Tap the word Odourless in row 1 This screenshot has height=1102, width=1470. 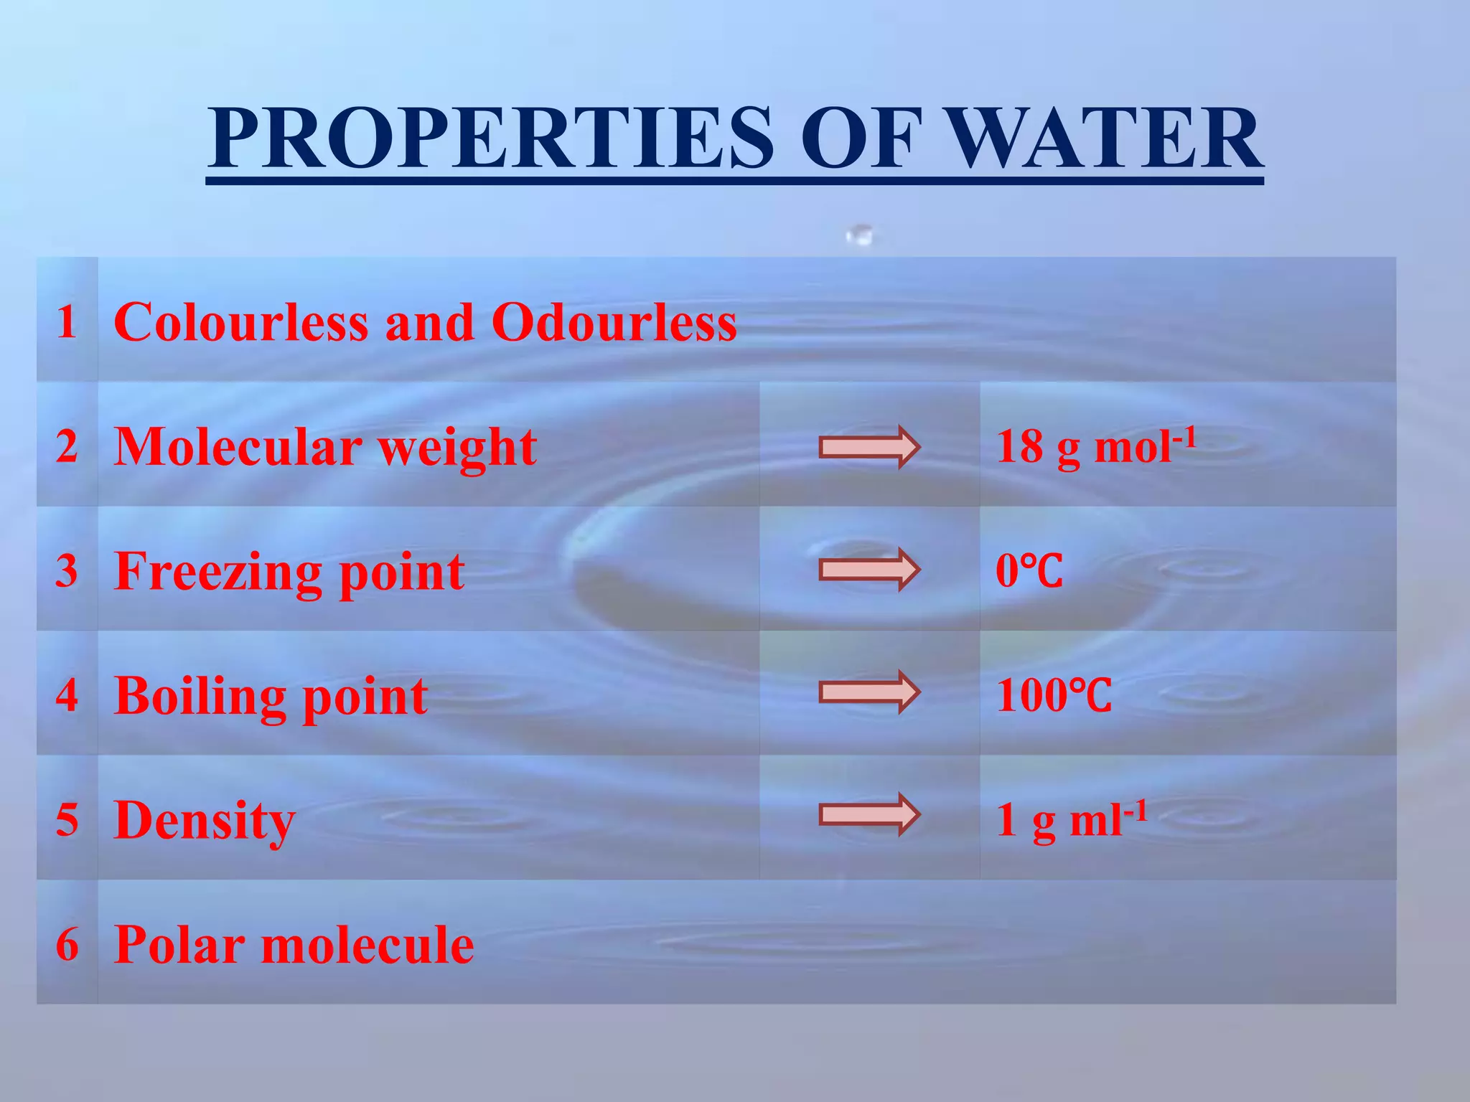point(614,322)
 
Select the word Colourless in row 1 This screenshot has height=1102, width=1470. point(241,322)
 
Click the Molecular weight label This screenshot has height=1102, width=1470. point(324,448)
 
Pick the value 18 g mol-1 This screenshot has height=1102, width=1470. point(1095,446)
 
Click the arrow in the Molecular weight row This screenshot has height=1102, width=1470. point(869,447)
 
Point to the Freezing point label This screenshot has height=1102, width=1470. point(289,572)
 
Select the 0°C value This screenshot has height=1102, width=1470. point(1029,572)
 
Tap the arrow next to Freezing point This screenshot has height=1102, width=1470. point(869,570)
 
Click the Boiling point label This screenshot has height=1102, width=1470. point(271,697)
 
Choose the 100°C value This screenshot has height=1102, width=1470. point(1053,696)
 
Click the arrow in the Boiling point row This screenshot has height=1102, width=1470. point(869,692)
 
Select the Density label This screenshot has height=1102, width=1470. point(204,821)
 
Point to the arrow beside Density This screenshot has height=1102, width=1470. point(869,815)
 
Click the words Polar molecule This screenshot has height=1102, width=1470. point(294,945)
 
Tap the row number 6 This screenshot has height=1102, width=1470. point(67,944)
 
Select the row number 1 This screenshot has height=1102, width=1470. point(67,321)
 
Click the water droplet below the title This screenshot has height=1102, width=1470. point(860,234)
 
